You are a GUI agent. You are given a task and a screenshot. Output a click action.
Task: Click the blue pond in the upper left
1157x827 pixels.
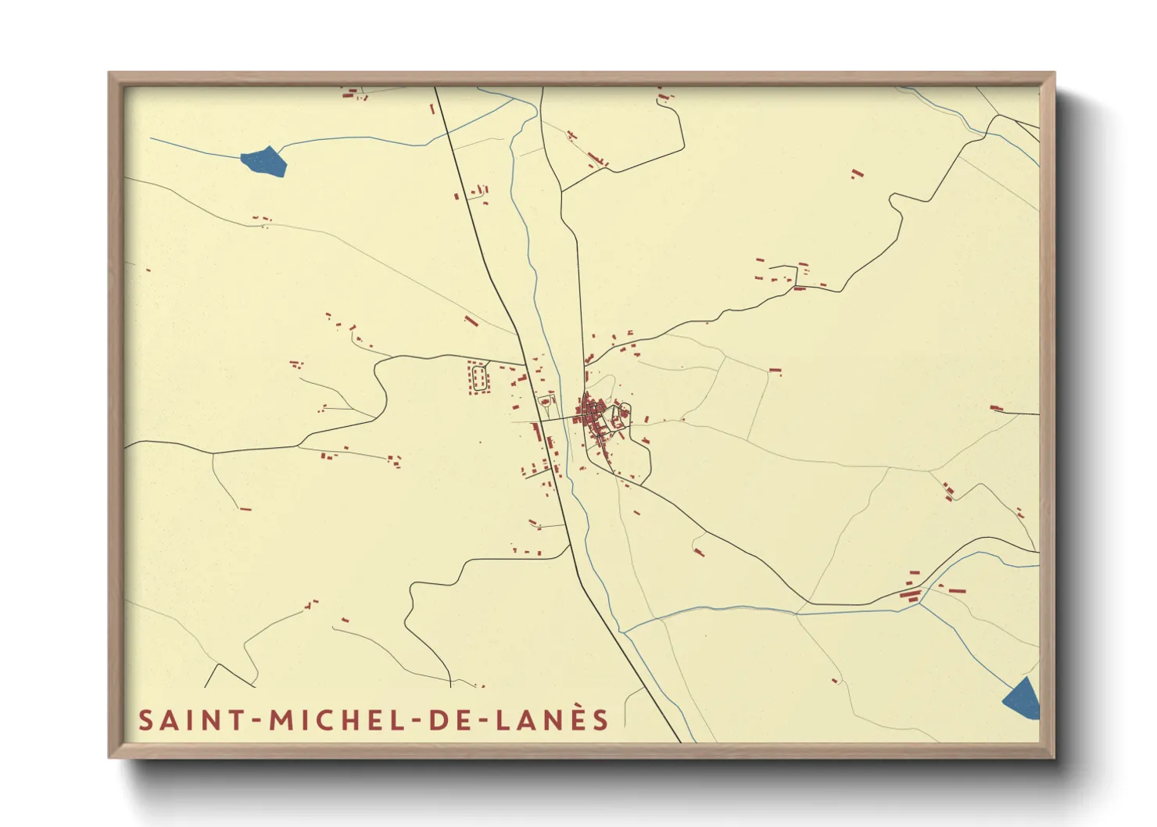tap(264, 161)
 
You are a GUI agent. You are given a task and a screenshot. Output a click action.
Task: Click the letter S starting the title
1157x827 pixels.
tap(145, 720)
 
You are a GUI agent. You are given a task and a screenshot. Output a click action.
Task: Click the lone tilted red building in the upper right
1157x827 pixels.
tap(857, 173)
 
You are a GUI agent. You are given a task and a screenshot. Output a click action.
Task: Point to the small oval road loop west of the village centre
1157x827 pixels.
tap(546, 402)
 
